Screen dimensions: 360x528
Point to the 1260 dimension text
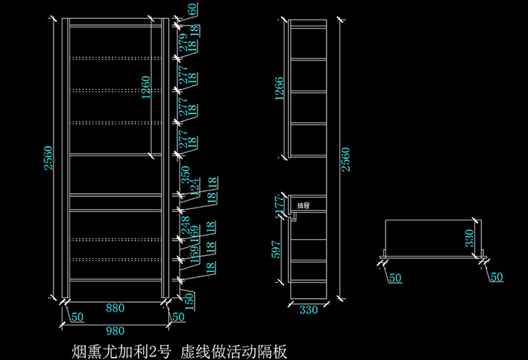tap(146, 88)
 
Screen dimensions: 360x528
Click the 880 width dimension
tap(115, 308)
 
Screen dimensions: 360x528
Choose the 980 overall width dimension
tap(115, 330)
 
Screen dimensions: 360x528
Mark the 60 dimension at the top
tap(193, 10)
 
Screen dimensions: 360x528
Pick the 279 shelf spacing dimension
tap(183, 42)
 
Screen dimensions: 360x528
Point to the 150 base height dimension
tap(189, 299)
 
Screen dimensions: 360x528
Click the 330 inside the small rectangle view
tap(468, 239)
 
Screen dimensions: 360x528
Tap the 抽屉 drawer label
tap(303, 205)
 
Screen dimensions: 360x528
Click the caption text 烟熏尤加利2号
tap(117, 351)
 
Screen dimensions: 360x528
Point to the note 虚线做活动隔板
tap(234, 351)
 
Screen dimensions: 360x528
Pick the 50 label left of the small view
tap(394, 278)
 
